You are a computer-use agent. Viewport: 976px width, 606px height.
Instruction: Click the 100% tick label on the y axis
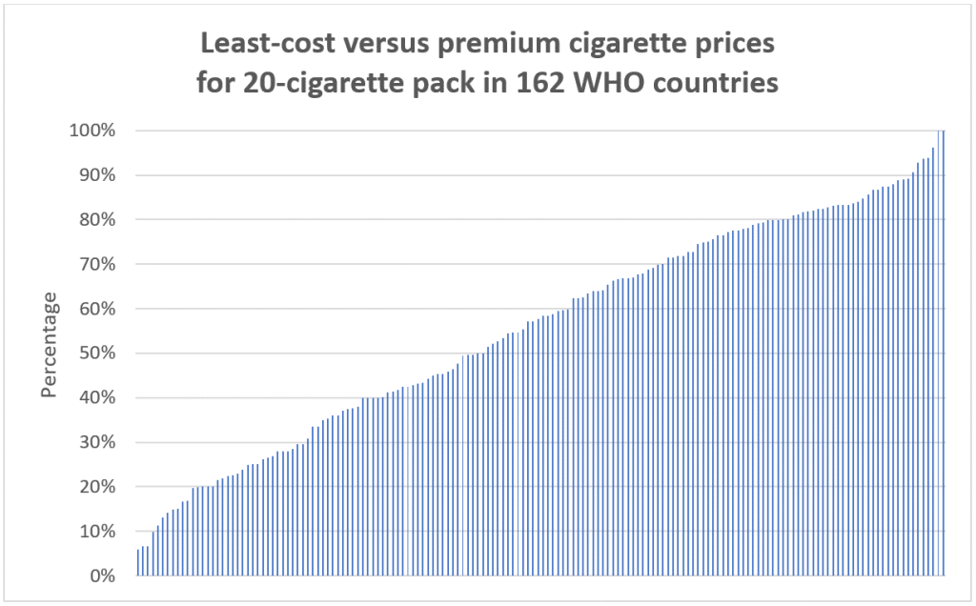(x=91, y=131)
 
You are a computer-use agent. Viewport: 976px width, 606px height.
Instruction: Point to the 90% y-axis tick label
(x=95, y=175)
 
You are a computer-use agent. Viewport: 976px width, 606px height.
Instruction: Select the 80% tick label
(x=95, y=220)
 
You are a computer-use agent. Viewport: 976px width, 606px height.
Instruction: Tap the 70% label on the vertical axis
(x=95, y=264)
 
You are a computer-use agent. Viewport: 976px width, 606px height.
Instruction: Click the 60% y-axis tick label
(x=95, y=309)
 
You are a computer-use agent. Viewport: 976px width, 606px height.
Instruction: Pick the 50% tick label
(x=95, y=353)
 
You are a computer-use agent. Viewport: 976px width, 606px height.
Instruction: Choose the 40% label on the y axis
(x=95, y=398)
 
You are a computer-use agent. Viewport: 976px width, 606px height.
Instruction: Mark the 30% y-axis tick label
(x=95, y=442)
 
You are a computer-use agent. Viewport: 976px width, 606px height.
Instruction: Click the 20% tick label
(x=95, y=487)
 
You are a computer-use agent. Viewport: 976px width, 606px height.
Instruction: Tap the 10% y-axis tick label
(x=95, y=532)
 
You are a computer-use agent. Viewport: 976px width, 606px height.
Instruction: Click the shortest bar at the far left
(x=138, y=562)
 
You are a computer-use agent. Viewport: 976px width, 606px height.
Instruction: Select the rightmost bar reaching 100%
(x=944, y=353)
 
